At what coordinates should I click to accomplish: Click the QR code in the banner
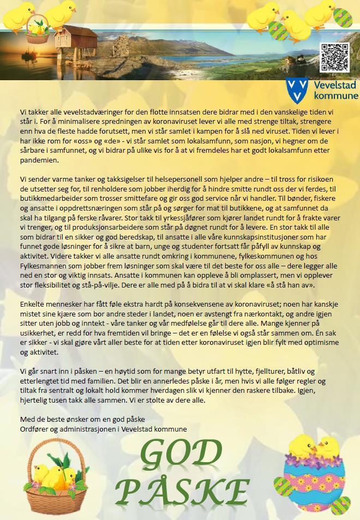(x=334, y=57)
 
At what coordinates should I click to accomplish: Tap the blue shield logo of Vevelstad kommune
(x=297, y=90)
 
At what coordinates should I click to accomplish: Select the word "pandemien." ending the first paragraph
(x=38, y=160)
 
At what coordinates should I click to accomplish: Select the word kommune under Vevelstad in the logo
(x=333, y=96)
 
